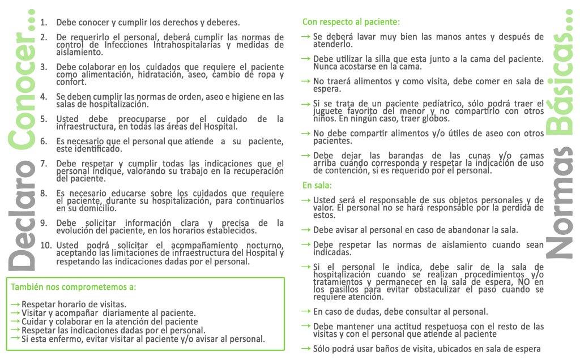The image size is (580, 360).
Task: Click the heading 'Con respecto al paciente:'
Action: tap(351, 23)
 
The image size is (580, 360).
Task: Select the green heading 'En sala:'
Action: tap(317, 186)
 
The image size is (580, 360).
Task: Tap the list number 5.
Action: tap(44, 119)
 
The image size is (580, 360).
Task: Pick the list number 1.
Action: tap(44, 23)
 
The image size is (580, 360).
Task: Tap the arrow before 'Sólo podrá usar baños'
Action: tap(306, 349)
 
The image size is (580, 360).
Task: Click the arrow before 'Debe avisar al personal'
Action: tap(306, 230)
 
